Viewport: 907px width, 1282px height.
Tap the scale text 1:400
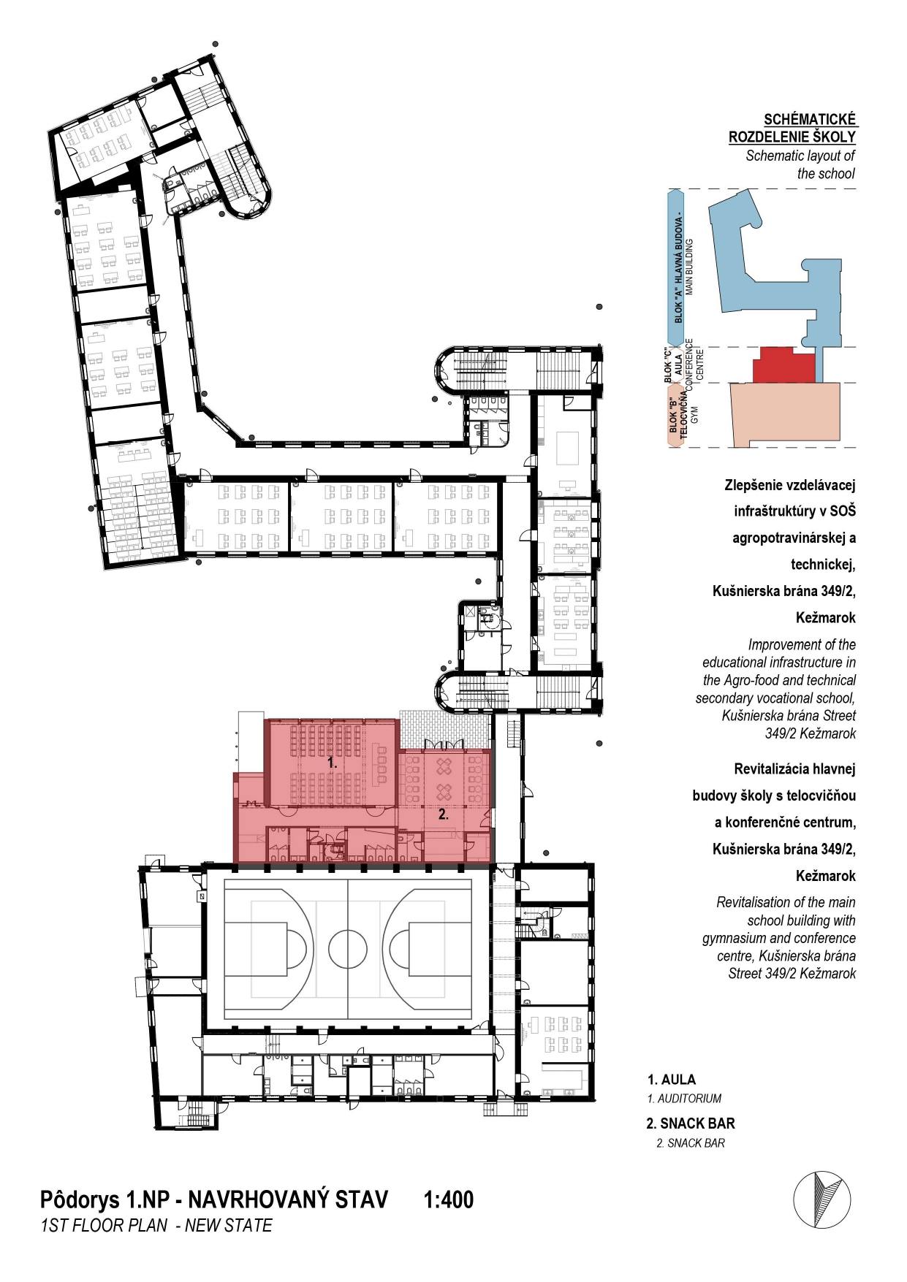click(x=449, y=1199)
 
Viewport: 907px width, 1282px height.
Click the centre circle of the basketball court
click(x=348, y=948)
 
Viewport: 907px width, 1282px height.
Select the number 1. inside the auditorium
click(x=332, y=762)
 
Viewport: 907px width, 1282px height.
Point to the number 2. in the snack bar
click(x=444, y=814)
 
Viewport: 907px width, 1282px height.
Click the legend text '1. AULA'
click(x=672, y=1080)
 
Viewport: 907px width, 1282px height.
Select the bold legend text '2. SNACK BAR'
click(x=691, y=1123)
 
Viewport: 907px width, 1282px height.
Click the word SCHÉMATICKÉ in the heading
click(x=810, y=119)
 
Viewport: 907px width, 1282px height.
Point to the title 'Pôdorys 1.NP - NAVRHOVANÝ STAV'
click(x=214, y=1200)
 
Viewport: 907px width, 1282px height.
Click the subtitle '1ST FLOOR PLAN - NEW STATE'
click(x=156, y=1226)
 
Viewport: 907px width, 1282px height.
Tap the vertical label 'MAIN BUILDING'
click(x=689, y=266)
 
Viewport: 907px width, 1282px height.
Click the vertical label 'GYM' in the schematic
click(x=694, y=415)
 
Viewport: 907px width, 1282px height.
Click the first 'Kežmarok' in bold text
click(x=826, y=618)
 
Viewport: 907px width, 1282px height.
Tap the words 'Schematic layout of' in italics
click(x=800, y=156)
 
